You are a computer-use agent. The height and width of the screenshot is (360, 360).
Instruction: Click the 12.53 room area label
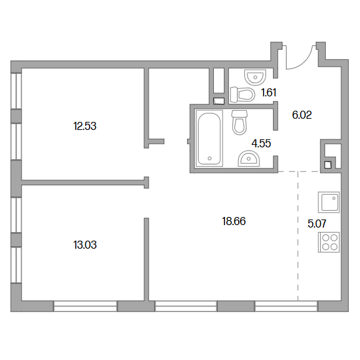(x=85, y=126)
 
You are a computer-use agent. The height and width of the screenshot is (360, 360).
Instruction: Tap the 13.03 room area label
(x=85, y=245)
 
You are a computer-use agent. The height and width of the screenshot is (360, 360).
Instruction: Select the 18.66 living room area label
(x=234, y=221)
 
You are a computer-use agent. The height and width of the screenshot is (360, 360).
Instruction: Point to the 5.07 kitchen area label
(x=317, y=224)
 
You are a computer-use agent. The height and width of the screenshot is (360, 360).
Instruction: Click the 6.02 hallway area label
(x=302, y=115)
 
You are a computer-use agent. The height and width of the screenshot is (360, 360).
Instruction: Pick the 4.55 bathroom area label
(x=261, y=144)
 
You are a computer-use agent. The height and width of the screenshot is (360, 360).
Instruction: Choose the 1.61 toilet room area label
(x=269, y=93)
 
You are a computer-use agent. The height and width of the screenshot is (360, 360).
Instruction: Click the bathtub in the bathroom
(x=209, y=138)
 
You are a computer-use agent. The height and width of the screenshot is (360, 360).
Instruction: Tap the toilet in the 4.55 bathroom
(x=239, y=122)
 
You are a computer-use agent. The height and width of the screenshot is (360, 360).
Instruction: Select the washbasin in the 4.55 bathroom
(x=249, y=159)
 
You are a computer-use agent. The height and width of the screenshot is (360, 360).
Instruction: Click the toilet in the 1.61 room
(x=242, y=95)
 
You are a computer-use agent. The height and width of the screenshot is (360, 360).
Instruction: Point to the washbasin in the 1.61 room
(x=255, y=77)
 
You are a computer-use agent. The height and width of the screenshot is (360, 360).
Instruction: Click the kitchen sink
(x=328, y=202)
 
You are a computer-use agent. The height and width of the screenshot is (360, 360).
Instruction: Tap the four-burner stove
(x=328, y=242)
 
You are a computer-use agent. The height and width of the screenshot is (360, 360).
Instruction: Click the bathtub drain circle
(x=210, y=159)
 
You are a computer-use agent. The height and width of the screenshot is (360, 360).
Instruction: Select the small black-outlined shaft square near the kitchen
(x=328, y=165)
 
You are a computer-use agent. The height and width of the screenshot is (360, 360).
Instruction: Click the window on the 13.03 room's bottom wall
(x=85, y=307)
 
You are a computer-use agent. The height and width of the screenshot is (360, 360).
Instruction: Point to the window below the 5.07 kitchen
(x=286, y=307)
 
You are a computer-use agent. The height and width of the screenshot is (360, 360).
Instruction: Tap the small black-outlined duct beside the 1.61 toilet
(x=219, y=101)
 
